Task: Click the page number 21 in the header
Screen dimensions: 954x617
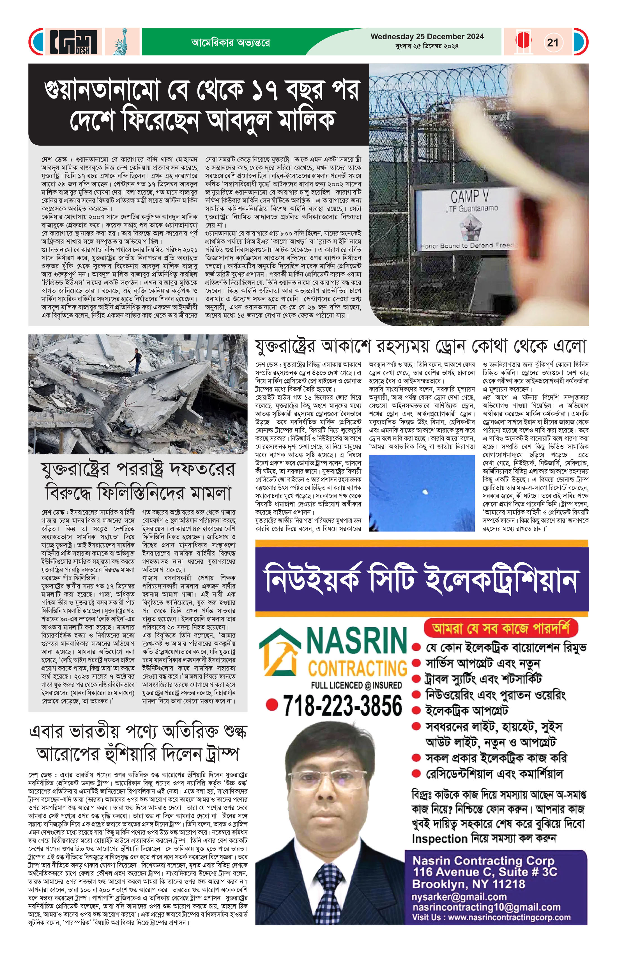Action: pyautogui.click(x=552, y=42)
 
